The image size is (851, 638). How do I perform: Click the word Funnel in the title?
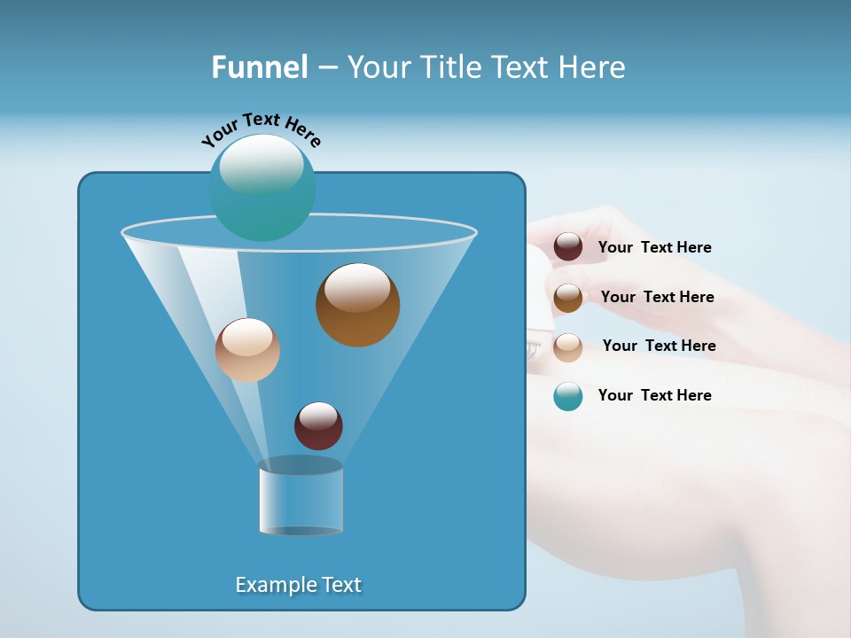[260, 67]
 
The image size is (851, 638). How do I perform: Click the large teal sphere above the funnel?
[262, 188]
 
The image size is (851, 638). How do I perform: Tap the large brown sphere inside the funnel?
[357, 305]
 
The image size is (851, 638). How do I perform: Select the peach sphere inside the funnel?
[247, 350]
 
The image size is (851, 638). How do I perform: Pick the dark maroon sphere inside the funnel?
[318, 426]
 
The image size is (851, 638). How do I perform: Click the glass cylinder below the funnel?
[301, 497]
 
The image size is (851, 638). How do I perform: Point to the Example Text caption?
[299, 585]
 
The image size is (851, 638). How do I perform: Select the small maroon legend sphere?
[568, 247]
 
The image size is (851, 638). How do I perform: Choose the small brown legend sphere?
[568, 298]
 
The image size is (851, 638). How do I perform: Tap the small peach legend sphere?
[568, 346]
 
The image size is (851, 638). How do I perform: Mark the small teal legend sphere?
[568, 396]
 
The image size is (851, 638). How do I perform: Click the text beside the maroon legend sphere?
[654, 248]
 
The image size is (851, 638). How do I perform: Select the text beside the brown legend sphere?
[657, 298]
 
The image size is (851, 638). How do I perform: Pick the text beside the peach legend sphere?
[659, 346]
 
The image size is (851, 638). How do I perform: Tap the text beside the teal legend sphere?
[654, 395]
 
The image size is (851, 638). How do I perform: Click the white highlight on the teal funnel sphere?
[262, 165]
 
